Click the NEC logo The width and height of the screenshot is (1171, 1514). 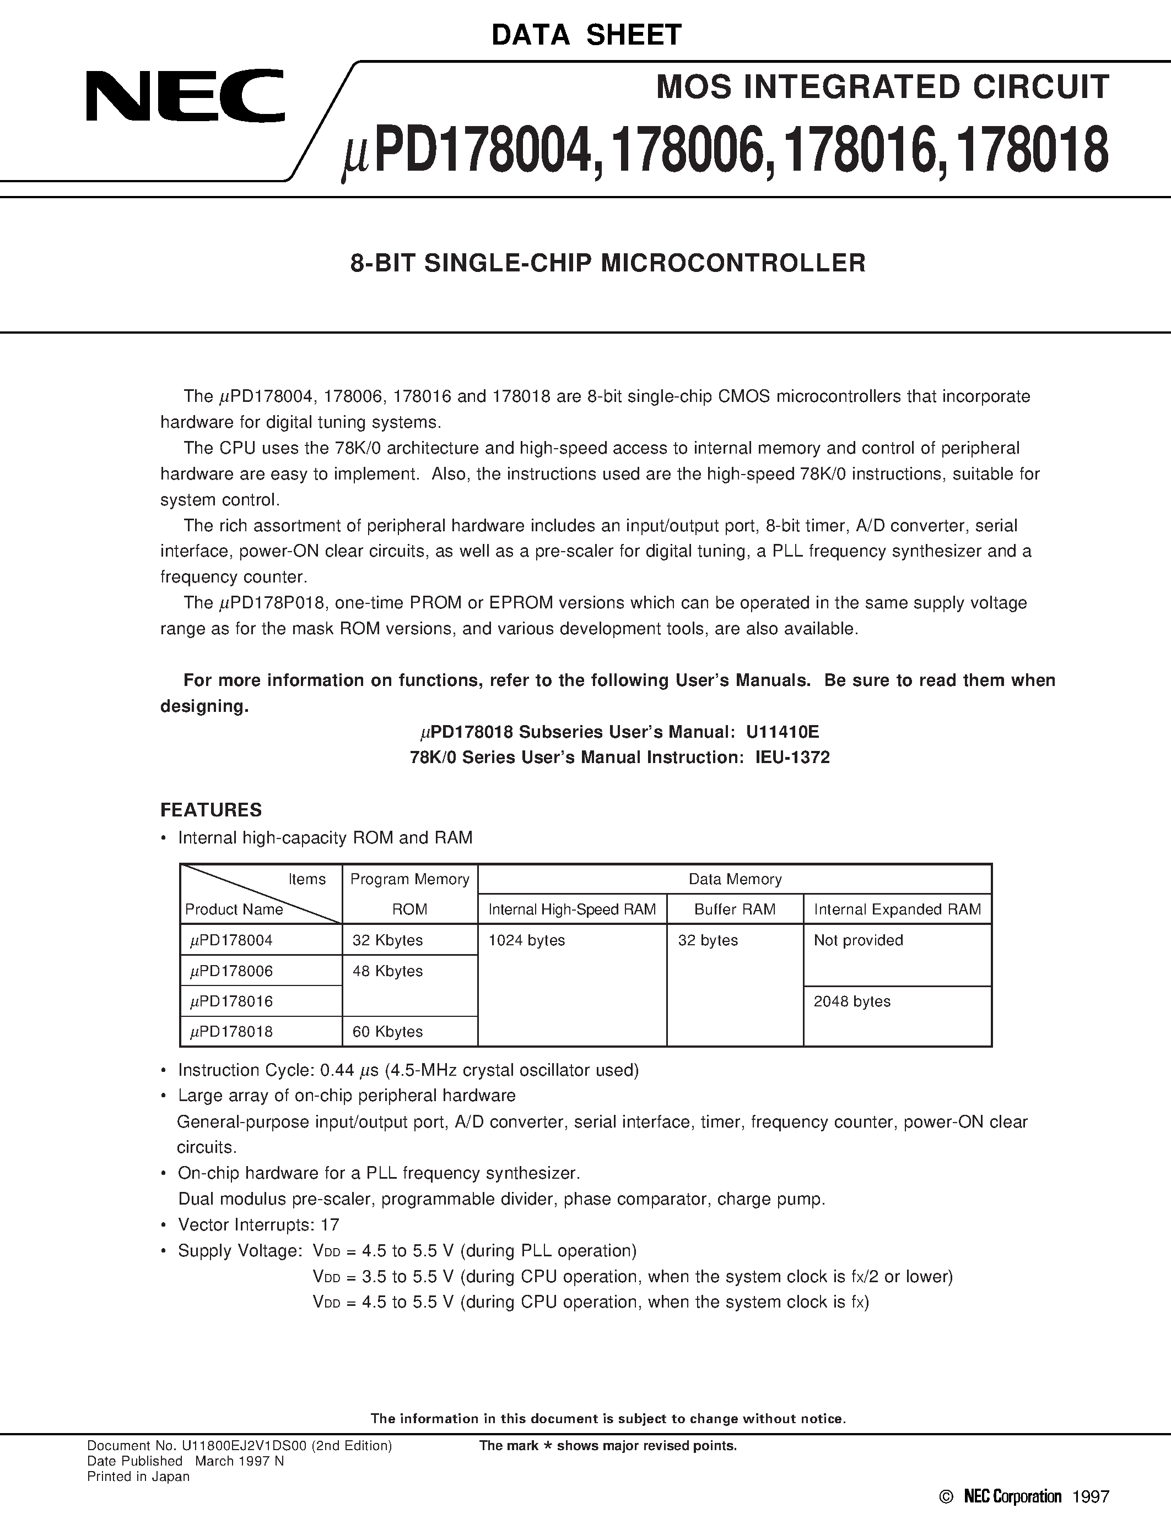tap(185, 96)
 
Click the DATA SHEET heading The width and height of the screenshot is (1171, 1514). tap(586, 35)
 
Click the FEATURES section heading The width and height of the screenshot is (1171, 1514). tap(211, 810)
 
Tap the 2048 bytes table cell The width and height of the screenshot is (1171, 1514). tap(852, 1001)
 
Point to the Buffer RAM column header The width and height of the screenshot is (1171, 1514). tap(735, 910)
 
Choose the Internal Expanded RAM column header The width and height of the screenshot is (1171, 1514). tap(897, 910)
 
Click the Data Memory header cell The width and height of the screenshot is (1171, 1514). tap(735, 879)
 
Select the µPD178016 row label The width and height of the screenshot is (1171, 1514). tap(231, 1001)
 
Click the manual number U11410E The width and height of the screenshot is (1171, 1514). tap(783, 732)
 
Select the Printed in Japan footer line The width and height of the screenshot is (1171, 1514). tap(138, 1477)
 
